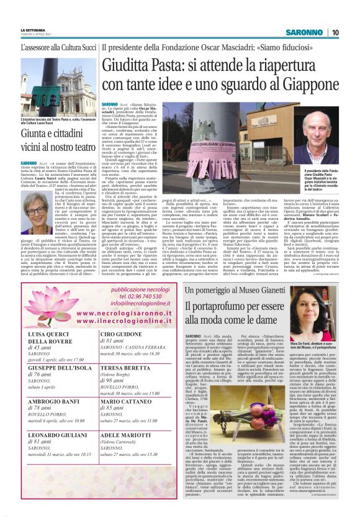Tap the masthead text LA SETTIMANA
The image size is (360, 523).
(33, 30)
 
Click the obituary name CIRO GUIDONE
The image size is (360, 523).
(121, 334)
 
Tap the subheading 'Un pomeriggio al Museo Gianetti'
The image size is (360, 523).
(233, 290)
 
